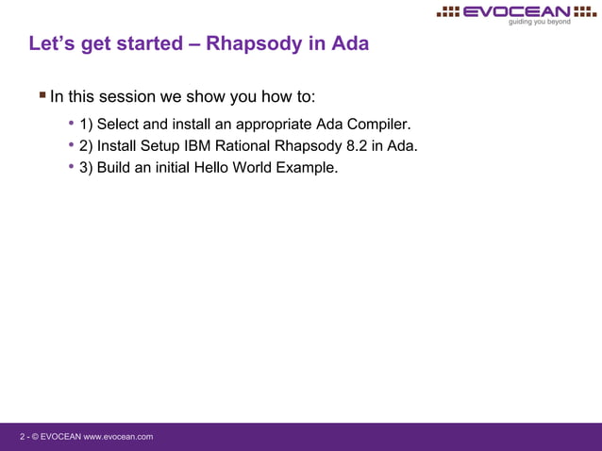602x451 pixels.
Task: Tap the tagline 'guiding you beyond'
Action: click(x=539, y=22)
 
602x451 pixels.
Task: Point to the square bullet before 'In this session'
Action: click(x=42, y=94)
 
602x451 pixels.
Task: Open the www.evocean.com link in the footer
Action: click(x=119, y=437)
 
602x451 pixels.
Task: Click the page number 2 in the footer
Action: click(x=23, y=437)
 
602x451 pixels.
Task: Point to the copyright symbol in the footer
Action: click(x=35, y=437)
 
